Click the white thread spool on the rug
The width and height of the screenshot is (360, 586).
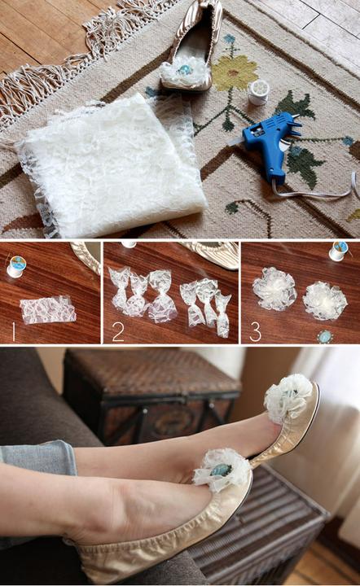(x=258, y=92)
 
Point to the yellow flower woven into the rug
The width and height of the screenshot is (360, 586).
(x=235, y=73)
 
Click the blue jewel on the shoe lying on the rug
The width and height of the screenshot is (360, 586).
(x=185, y=69)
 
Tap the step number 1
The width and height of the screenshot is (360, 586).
(x=14, y=331)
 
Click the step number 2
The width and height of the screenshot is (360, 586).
(x=118, y=332)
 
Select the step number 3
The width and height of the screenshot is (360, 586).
(x=255, y=331)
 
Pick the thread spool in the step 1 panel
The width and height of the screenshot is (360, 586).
(x=16, y=266)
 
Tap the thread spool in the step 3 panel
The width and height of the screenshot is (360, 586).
(x=339, y=251)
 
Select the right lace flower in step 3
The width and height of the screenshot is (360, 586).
(x=325, y=301)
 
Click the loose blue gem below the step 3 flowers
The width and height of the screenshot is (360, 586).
(x=324, y=337)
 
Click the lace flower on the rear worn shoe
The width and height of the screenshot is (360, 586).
(x=288, y=398)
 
